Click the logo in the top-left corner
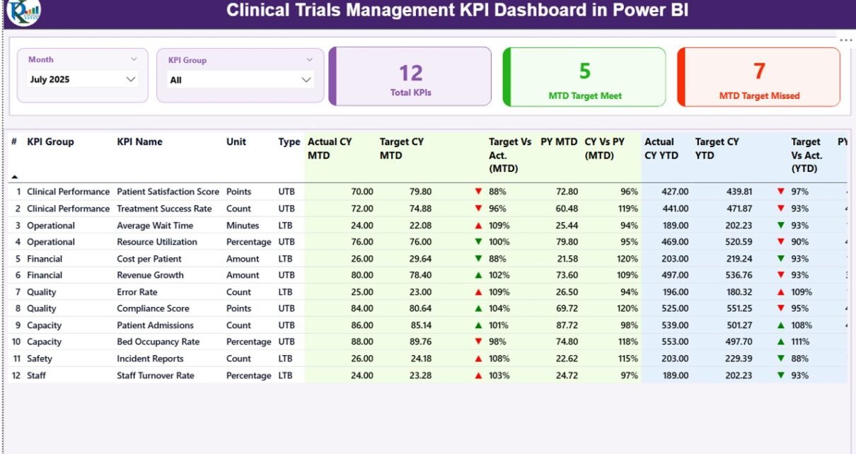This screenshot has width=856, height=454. tap(23, 12)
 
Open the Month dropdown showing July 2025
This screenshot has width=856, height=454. tap(130, 80)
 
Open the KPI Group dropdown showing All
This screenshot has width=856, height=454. tap(306, 80)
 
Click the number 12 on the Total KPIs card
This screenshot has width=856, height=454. tap(410, 73)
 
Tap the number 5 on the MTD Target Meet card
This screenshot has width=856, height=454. tap(584, 71)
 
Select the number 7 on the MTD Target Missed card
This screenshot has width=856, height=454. tap(759, 71)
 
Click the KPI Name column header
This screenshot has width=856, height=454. tap(139, 141)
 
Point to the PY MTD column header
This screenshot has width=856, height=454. tap(559, 141)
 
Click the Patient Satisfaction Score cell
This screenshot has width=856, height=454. tap(168, 192)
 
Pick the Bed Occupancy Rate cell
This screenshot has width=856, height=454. tap(158, 342)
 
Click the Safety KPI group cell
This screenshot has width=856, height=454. tap(40, 359)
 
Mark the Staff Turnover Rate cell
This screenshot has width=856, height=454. tap(155, 376)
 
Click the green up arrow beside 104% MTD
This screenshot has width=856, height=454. tap(479, 308)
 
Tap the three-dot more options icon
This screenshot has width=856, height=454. tap(846, 40)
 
